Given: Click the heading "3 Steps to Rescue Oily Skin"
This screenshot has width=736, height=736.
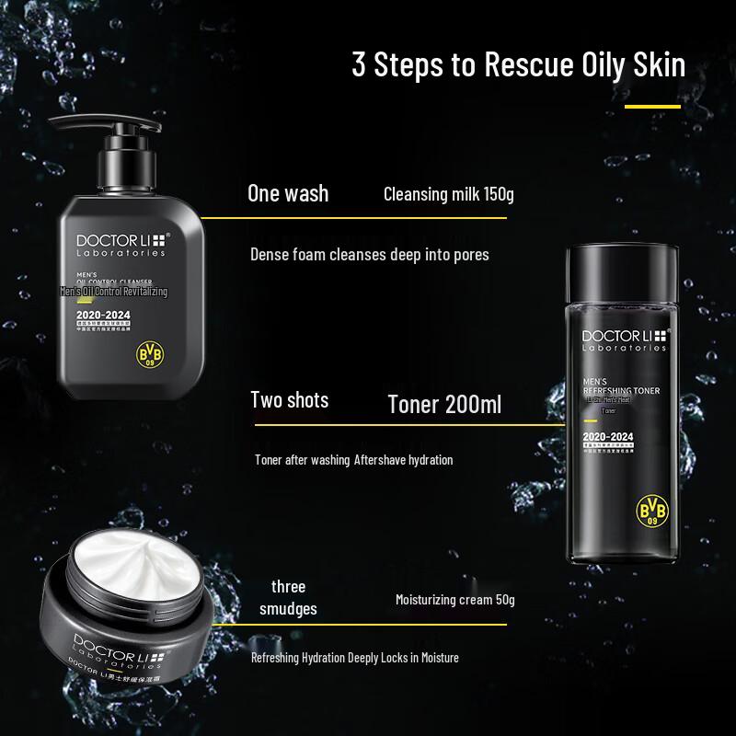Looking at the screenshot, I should (x=519, y=67).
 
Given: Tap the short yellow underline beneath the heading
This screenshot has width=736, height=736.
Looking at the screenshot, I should (x=652, y=107).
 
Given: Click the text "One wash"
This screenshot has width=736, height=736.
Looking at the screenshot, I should (x=288, y=193).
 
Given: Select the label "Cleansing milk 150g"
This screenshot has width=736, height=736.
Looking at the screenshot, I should (x=448, y=194).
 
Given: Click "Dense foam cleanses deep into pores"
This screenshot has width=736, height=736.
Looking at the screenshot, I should (x=370, y=254).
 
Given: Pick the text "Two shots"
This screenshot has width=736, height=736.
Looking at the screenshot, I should (x=290, y=400).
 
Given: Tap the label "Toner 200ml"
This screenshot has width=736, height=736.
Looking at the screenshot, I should (x=444, y=405).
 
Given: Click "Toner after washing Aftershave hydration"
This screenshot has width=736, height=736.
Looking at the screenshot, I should (x=353, y=459).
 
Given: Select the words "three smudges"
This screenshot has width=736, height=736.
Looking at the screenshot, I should (x=288, y=597).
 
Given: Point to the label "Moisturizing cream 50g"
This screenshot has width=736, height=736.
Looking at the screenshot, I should (x=454, y=600).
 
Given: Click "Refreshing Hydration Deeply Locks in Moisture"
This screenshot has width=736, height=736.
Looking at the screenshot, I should (x=354, y=657).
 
